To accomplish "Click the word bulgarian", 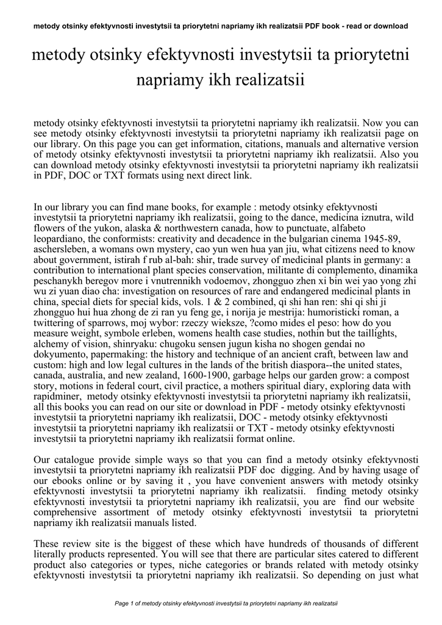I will (303, 239).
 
